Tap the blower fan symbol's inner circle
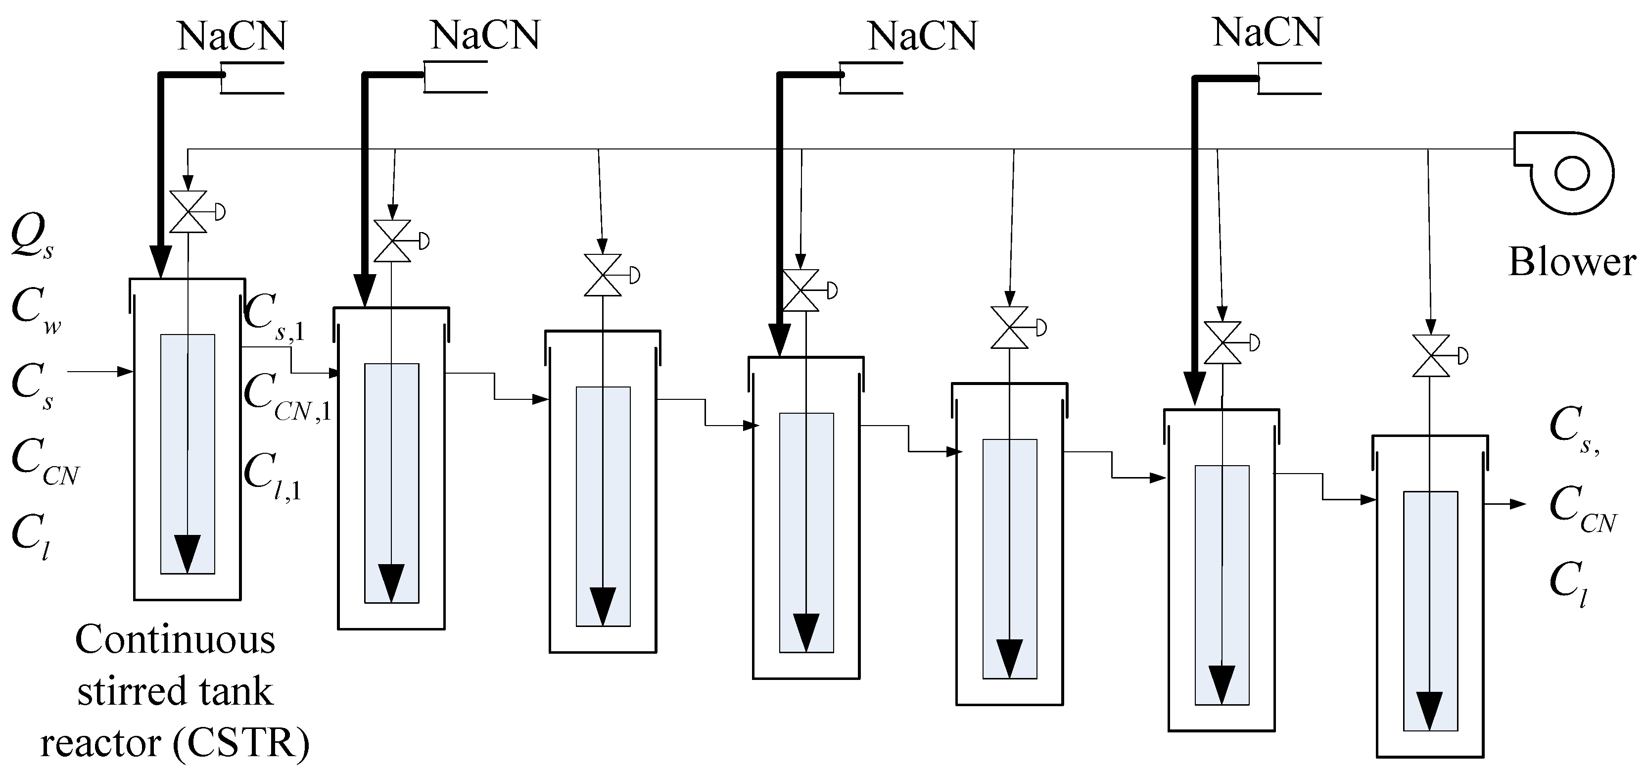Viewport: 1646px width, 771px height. [x=1571, y=173]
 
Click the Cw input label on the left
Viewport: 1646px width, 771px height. [x=36, y=311]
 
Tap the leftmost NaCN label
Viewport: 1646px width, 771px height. [x=232, y=37]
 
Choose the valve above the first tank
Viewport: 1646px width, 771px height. [x=188, y=212]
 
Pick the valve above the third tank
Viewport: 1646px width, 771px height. [x=603, y=275]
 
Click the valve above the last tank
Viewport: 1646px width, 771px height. [x=1431, y=355]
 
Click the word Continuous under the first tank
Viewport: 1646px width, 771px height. [x=175, y=639]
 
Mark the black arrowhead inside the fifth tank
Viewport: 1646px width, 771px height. [x=1010, y=659]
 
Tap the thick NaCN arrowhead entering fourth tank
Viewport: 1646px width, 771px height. [x=780, y=339]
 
